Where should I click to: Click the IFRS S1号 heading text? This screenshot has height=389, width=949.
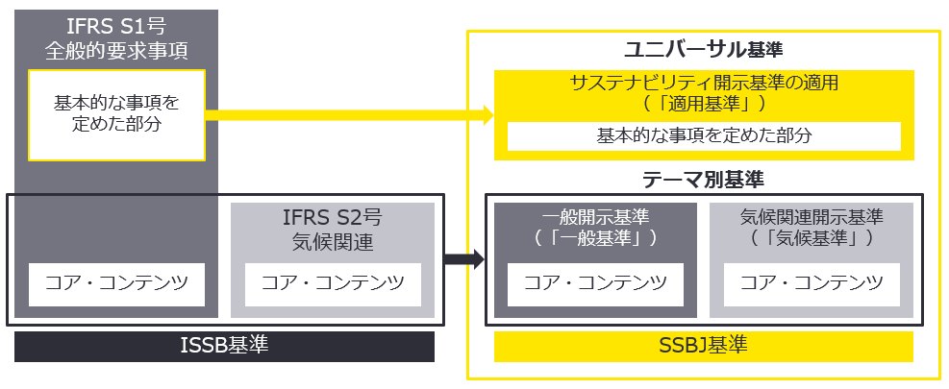[x=116, y=27]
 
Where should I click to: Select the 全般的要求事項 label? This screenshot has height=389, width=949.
[x=116, y=50]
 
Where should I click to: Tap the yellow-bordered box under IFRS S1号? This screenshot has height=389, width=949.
[x=116, y=114]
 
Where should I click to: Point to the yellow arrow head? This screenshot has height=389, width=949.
[x=486, y=115]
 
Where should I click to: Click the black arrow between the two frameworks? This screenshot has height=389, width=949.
[x=465, y=258]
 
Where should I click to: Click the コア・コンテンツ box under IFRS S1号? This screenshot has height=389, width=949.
[x=116, y=283]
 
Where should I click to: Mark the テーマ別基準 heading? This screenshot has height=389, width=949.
[x=703, y=180]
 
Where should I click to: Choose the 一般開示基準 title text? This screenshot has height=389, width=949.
[x=595, y=218]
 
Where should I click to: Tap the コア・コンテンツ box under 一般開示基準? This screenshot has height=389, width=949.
[x=595, y=283]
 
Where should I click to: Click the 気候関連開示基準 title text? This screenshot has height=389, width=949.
[x=812, y=218]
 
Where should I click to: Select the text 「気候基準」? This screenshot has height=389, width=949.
[x=812, y=237]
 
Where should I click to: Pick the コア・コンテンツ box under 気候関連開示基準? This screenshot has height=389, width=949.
[x=812, y=283]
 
